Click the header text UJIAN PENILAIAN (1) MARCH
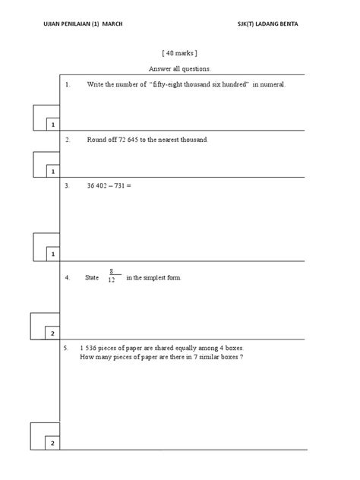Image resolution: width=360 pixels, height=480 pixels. tap(83, 24)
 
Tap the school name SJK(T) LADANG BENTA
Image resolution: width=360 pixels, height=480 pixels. tap(267, 24)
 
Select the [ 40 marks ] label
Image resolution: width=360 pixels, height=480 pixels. tap(179, 54)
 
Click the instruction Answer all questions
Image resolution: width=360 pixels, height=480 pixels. tap(179, 69)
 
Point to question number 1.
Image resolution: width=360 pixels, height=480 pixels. tap(68, 84)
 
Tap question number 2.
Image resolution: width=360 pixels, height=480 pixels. tap(68, 140)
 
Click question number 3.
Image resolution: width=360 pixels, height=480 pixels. tap(68, 185)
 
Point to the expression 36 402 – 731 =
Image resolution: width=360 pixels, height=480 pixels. tap(109, 185)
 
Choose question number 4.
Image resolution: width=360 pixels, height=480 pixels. tap(68, 277)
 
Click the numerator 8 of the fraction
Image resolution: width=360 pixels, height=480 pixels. tap(112, 271)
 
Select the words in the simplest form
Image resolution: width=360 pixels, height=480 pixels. tap(154, 277)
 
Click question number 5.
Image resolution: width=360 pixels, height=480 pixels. tap(67, 347)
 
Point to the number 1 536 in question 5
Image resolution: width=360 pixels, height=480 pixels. tap(92, 347)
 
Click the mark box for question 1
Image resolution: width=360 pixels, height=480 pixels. tap(52, 124)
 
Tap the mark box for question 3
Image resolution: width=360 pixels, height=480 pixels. tap(52, 254)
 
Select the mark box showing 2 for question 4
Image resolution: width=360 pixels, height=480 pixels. tap(52, 333)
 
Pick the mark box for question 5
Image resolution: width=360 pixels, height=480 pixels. tap(52, 443)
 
